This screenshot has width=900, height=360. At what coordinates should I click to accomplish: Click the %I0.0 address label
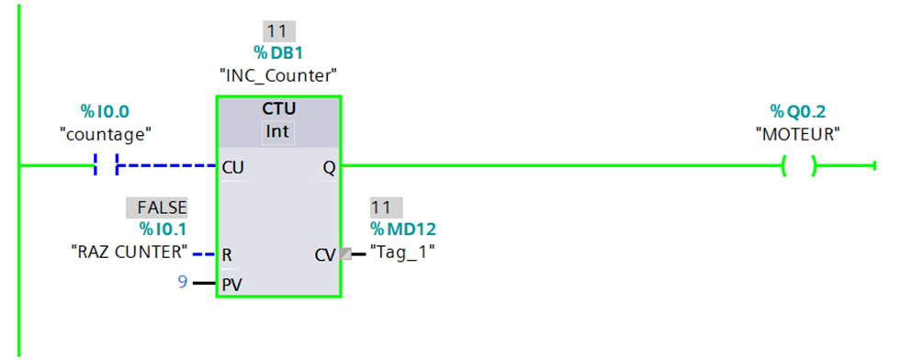tap(106, 110)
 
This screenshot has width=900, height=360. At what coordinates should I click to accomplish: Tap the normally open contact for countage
tap(107, 166)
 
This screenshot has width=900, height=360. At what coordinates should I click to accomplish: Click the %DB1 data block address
tap(278, 53)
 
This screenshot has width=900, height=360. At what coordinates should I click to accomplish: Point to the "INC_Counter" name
tap(278, 75)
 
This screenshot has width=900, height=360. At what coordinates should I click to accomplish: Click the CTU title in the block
tap(278, 109)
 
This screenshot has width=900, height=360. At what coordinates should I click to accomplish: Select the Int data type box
tap(278, 133)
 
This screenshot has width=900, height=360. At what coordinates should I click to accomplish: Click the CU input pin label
tap(232, 168)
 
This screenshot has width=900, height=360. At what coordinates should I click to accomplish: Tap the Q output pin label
tap(329, 168)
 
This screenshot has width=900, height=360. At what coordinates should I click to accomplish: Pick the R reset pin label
tap(227, 254)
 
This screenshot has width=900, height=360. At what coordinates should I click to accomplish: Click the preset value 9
tap(183, 283)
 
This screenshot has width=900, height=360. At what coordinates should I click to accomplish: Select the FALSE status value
tap(157, 208)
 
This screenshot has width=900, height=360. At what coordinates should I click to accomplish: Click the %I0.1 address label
tap(163, 230)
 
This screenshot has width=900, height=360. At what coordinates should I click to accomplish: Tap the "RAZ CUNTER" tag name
tap(129, 252)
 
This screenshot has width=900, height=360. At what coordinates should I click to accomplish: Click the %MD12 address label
tap(403, 230)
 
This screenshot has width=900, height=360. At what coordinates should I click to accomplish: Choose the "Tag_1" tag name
tap(402, 252)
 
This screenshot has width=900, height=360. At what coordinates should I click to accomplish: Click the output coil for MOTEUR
tap(798, 166)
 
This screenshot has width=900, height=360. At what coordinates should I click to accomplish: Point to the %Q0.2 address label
tap(798, 110)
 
